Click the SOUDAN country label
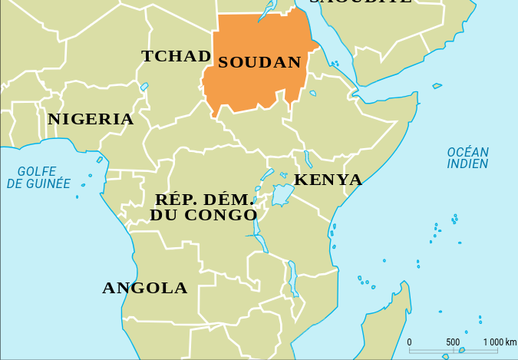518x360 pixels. click(259, 63)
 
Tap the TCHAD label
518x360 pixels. click(176, 56)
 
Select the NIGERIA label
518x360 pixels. click(91, 120)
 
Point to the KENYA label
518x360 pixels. click(328, 180)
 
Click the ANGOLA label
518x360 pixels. click(145, 289)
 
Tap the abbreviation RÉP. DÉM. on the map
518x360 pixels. click(203, 200)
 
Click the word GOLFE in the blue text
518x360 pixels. click(38, 171)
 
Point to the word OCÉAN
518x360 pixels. click(468, 152)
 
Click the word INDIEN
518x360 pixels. click(468, 164)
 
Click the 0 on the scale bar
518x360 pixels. click(409, 342)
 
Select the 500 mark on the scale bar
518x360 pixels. click(453, 342)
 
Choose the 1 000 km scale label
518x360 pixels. click(500, 342)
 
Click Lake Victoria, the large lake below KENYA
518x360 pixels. click(283, 194)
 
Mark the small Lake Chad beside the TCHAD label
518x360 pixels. click(144, 87)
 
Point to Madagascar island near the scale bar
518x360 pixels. click(384, 330)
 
